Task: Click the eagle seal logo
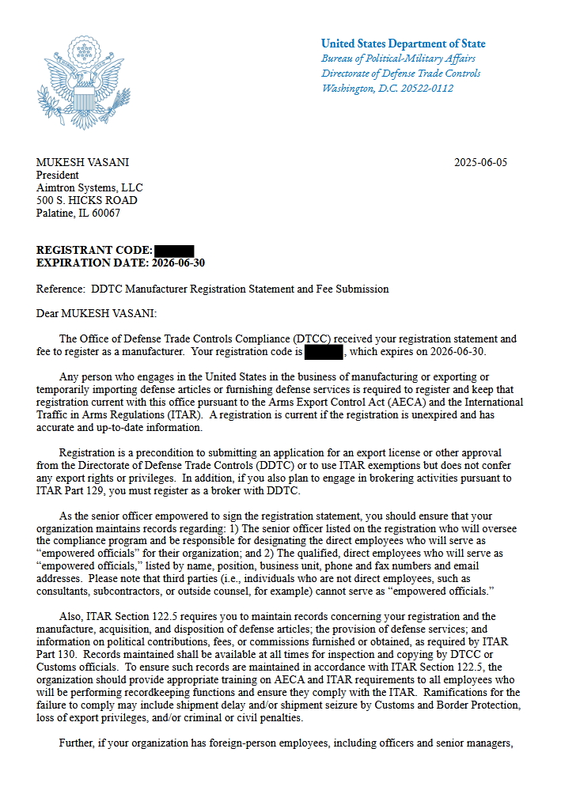(x=82, y=83)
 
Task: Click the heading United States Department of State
(x=403, y=43)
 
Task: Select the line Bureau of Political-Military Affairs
(x=398, y=59)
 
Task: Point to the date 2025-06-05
(x=480, y=163)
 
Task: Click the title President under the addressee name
(x=58, y=176)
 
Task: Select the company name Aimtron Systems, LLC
(x=89, y=188)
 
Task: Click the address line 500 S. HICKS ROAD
(x=86, y=201)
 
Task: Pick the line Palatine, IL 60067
(x=78, y=214)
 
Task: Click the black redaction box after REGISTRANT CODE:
(x=174, y=251)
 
